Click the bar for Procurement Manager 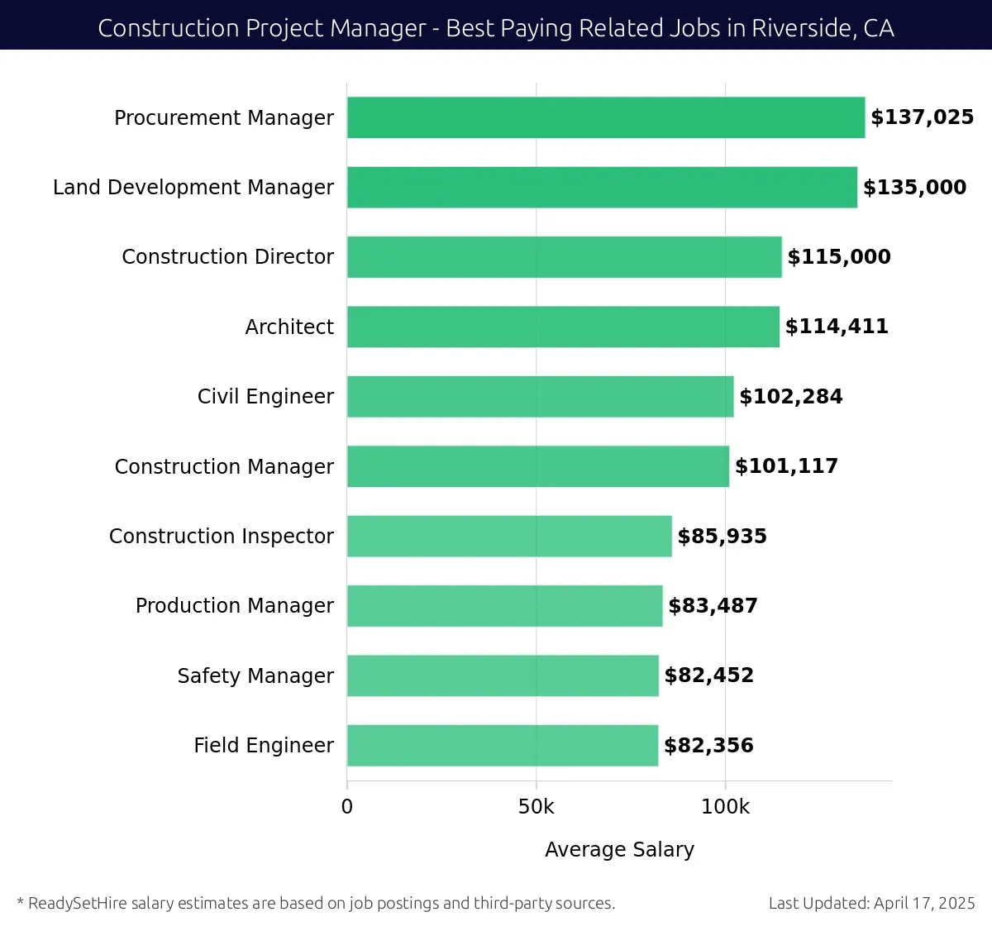(606, 117)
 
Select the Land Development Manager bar (602, 187)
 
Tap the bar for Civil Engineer (540, 397)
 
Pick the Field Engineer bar (503, 746)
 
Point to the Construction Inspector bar (509, 536)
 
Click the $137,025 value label (922, 117)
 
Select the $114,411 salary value (837, 327)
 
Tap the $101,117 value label (786, 466)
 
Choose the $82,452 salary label (709, 675)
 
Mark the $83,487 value (713, 606)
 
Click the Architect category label (289, 327)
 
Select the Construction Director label (228, 257)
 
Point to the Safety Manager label (255, 675)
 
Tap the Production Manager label (235, 606)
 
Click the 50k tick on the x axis (536, 807)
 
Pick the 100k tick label (725, 807)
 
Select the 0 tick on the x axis (347, 807)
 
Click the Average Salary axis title (619, 849)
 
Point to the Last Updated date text (871, 903)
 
